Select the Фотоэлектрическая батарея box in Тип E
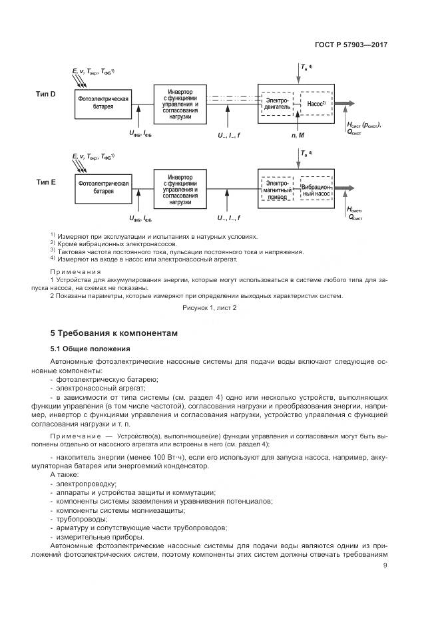pyautogui.click(x=103, y=187)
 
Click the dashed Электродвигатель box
pyautogui.click(x=276, y=103)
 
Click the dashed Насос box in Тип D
pyautogui.click(x=314, y=103)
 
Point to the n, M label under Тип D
pyautogui.click(x=298, y=135)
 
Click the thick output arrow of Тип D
pyautogui.click(x=347, y=103)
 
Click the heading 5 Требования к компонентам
pyautogui.click(x=114, y=333)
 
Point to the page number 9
pyautogui.click(x=385, y=566)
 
